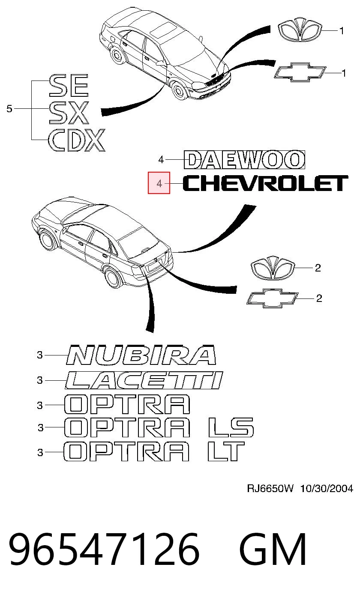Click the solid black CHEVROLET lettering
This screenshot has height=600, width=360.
[265, 183]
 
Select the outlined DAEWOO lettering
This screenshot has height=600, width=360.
[244, 160]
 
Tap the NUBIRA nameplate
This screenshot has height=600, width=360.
[141, 355]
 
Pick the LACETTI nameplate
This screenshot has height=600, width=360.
[144, 380]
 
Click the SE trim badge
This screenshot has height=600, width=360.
[69, 86]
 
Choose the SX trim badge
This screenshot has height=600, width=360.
[69, 113]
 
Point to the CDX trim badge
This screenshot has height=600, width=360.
[76, 140]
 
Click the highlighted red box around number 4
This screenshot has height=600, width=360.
[159, 183]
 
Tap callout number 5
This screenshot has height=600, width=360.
[9, 109]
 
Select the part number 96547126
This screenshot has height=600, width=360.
[104, 549]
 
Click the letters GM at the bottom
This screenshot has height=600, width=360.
[273, 549]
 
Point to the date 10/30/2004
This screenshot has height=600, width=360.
[327, 489]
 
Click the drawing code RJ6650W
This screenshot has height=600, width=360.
[270, 489]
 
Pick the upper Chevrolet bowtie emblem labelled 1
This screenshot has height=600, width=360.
[300, 72]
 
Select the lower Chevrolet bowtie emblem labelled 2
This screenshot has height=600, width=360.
[272, 298]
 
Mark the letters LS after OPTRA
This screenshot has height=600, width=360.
[231, 427]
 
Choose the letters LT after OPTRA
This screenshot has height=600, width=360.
[226, 452]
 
